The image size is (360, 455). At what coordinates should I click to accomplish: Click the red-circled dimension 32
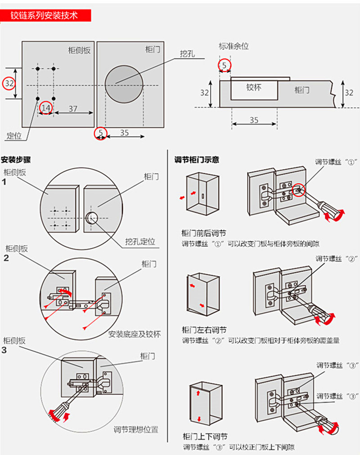[9, 83]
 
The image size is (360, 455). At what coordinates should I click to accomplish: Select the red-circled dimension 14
[46, 108]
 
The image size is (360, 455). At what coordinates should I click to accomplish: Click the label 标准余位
[234, 46]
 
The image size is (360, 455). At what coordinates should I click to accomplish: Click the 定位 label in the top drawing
[14, 135]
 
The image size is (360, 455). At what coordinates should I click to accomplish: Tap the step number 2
[6, 258]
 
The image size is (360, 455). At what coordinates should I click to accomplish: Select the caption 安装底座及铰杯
[134, 334]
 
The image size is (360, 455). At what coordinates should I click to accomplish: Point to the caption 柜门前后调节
[204, 233]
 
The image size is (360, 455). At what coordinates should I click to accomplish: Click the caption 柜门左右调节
[204, 330]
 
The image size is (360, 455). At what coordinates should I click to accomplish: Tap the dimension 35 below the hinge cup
[254, 120]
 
